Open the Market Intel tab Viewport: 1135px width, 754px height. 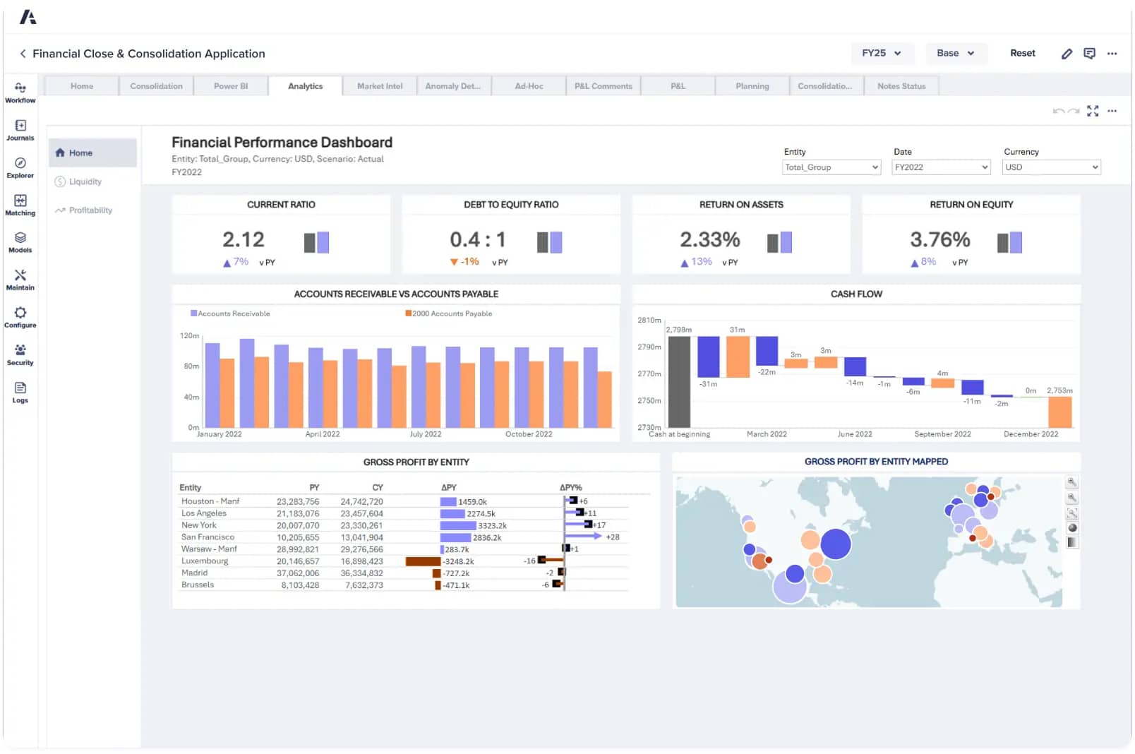[x=380, y=86]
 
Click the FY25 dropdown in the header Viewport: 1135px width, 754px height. [x=881, y=53]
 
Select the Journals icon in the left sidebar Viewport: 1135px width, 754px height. [x=20, y=130]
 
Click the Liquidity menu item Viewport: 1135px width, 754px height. [x=85, y=181]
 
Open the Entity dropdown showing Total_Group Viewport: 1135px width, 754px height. [x=831, y=167]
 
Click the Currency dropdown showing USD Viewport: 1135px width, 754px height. [x=1051, y=167]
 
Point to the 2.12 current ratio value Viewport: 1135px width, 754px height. [x=244, y=239]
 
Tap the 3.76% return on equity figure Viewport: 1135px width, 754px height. [x=939, y=239]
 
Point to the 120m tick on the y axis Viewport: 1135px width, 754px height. [x=189, y=336]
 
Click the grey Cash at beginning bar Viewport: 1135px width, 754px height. [x=679, y=381]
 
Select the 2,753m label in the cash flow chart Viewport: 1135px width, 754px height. [x=1059, y=390]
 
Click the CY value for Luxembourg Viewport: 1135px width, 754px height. [x=361, y=561]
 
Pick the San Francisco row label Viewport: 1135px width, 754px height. [x=208, y=537]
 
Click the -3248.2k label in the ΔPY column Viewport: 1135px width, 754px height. [x=458, y=562]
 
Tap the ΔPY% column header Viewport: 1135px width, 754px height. [x=570, y=488]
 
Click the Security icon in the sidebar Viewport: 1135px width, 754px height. [x=20, y=354]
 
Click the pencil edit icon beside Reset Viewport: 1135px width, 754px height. [x=1067, y=54]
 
